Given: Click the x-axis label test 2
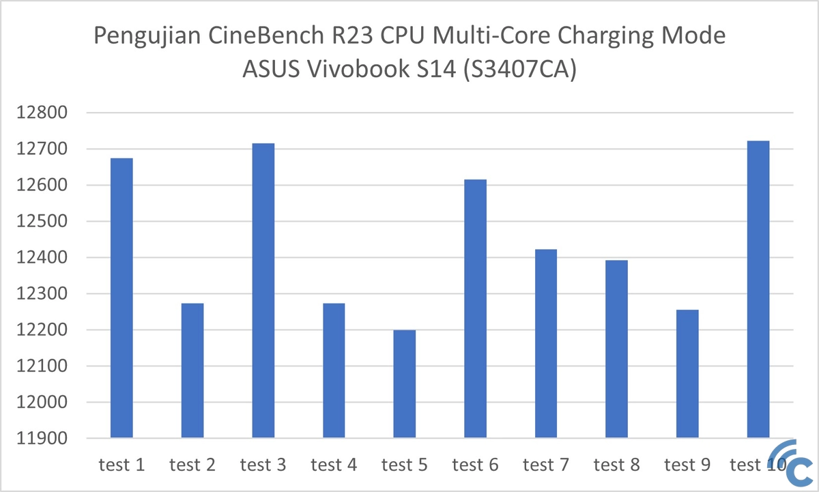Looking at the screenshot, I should [192, 465].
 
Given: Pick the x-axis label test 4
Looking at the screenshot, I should [334, 465].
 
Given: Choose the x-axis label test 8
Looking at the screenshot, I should [616, 465].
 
